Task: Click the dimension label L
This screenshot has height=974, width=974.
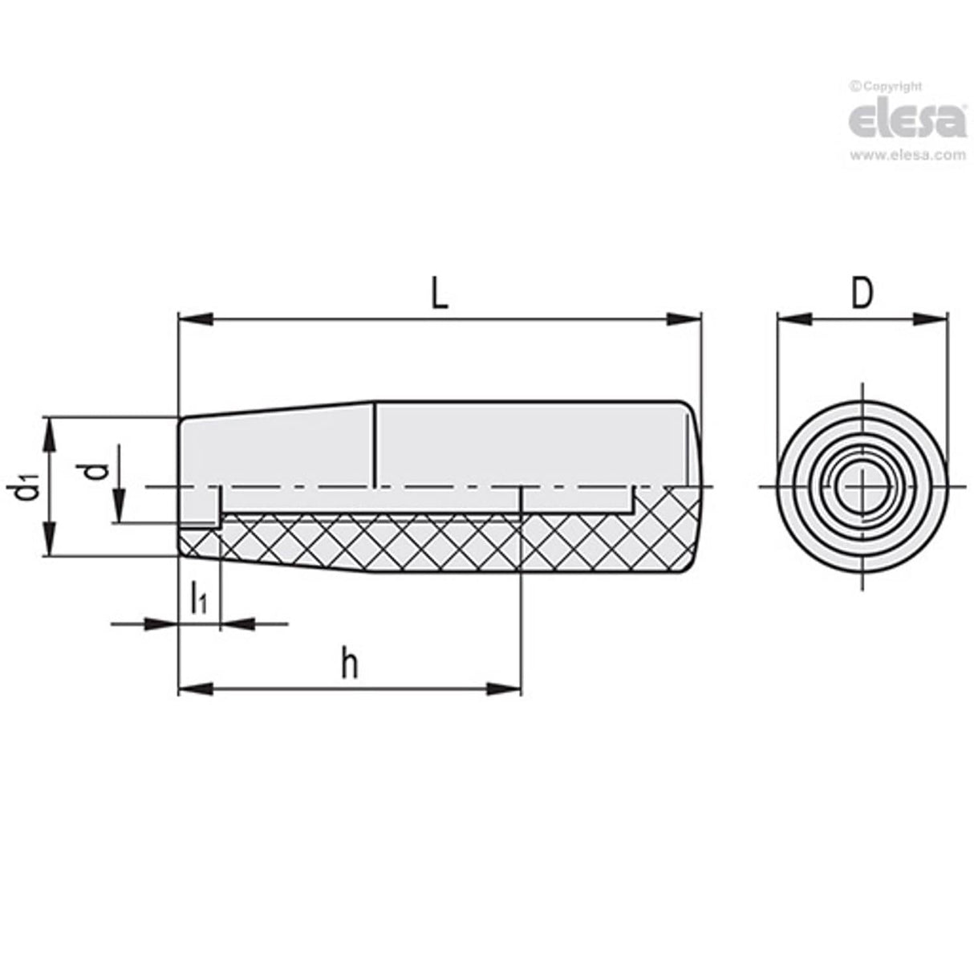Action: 439,294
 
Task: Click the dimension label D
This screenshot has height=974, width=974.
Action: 861,294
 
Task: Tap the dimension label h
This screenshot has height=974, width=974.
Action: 348,664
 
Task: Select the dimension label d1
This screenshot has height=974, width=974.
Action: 27,487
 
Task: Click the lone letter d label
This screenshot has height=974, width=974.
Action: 97,469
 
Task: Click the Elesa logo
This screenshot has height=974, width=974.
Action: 907,121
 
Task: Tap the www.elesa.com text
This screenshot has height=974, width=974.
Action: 907,156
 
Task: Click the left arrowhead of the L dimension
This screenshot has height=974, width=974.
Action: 193,319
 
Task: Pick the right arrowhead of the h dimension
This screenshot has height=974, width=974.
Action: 505,688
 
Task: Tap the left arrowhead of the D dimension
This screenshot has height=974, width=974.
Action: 793,319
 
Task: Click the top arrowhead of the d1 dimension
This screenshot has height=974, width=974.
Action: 50,433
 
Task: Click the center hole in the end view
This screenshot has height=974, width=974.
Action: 862,487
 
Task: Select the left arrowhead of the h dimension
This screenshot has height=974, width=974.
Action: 193,688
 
